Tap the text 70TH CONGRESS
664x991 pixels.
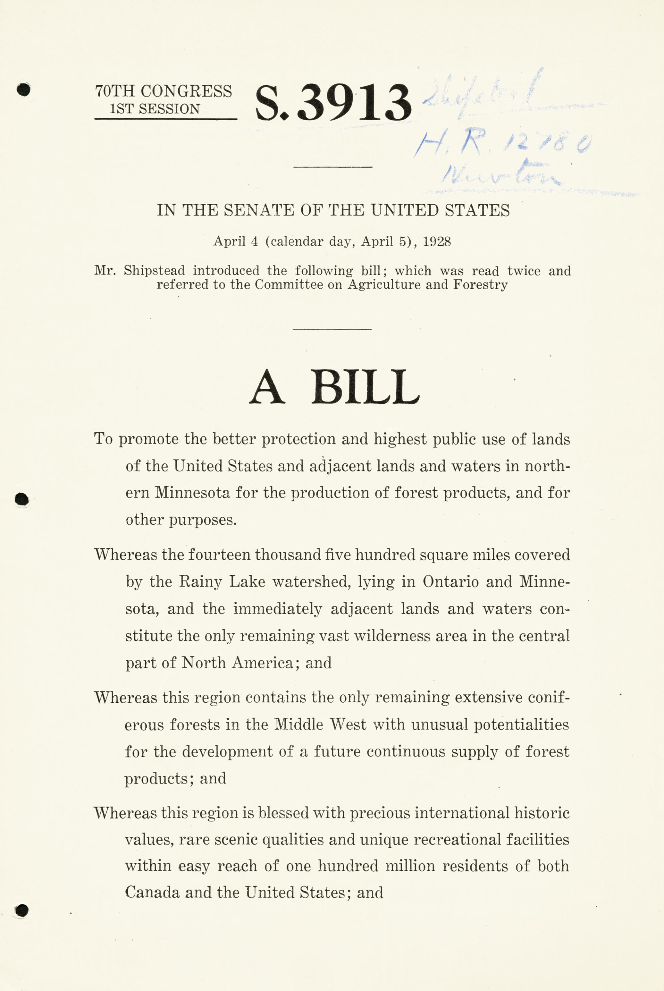click(x=164, y=91)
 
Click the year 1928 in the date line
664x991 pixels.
click(x=437, y=241)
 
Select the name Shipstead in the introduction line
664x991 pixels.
click(x=154, y=271)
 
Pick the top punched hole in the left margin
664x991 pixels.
click(x=24, y=89)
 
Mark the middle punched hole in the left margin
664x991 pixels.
click(x=22, y=500)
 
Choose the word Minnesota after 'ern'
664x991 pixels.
click(x=192, y=493)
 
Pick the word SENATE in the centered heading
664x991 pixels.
click(x=259, y=210)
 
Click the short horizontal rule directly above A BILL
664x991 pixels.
click(x=332, y=329)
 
